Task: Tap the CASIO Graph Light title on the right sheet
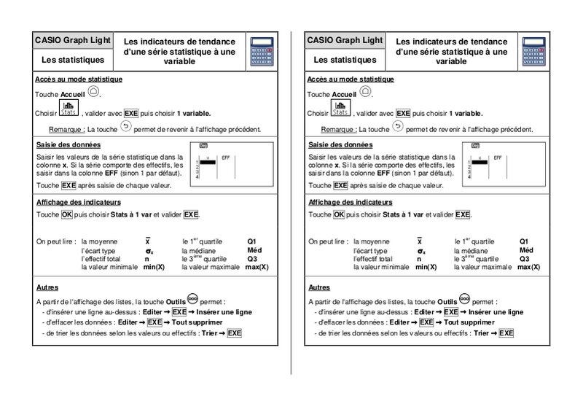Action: (345, 40)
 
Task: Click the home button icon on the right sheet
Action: (366, 92)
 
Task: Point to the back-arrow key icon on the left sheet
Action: (125, 127)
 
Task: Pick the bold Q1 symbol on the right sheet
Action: (525, 241)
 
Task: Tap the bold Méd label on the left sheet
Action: (253, 250)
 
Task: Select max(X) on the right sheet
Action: (529, 268)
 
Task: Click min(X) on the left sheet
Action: (154, 268)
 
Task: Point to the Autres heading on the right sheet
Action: (320, 287)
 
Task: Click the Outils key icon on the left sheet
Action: (192, 299)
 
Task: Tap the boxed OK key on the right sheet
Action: (339, 214)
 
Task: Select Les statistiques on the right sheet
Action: (345, 59)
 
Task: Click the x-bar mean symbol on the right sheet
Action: (419, 241)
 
